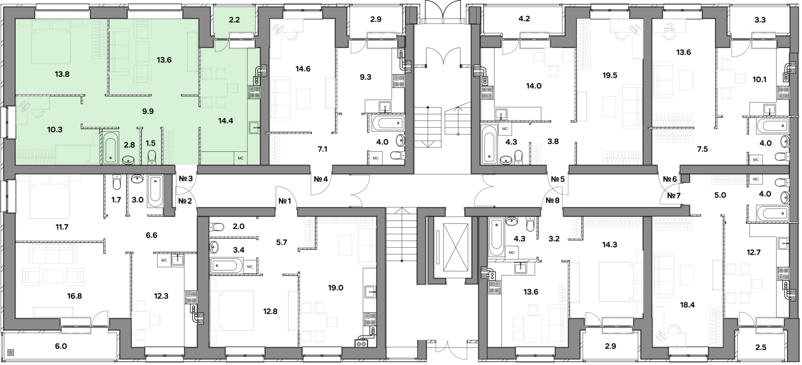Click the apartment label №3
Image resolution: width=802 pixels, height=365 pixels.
[186, 179]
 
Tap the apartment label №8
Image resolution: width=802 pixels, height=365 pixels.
[553, 200]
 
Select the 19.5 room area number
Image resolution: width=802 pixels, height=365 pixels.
[610, 75]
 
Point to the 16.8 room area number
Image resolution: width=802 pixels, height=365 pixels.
[74, 296]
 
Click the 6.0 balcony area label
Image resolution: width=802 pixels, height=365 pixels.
[61, 346]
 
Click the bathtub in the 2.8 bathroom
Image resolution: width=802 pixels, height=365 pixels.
[111, 148]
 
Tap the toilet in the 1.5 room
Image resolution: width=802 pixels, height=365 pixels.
[152, 157]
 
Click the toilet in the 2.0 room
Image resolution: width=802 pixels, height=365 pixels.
[217, 227]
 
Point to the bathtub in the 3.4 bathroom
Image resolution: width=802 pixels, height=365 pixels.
[226, 266]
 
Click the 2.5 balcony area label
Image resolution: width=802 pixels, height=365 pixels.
[760, 347]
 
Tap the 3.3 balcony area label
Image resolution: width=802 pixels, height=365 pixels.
[760, 20]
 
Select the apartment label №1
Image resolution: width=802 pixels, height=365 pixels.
[284, 201]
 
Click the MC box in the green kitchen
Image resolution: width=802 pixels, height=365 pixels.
[241, 158]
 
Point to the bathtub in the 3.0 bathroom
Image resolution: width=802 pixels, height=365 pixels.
[155, 191]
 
